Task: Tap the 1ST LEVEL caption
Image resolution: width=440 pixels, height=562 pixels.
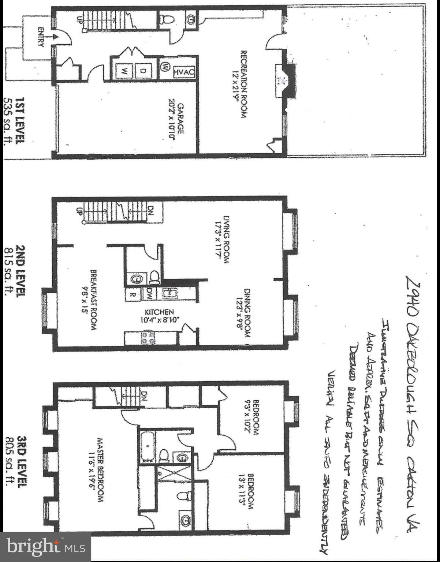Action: (x=16, y=121)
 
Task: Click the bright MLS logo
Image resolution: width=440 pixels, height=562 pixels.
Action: (x=45, y=547)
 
